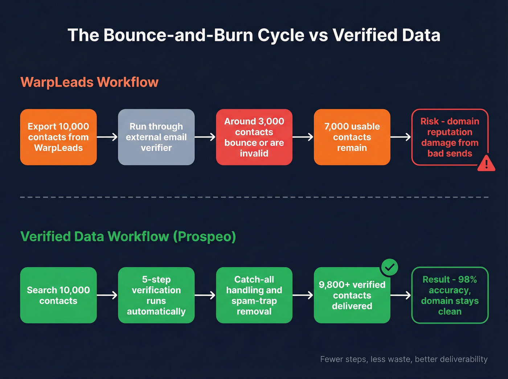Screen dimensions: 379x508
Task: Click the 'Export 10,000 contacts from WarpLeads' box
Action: click(x=58, y=137)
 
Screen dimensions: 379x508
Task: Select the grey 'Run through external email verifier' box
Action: click(x=156, y=137)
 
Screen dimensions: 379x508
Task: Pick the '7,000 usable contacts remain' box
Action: click(x=352, y=137)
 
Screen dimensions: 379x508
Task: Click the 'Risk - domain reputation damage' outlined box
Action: click(x=450, y=137)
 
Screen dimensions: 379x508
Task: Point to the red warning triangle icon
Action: click(x=486, y=163)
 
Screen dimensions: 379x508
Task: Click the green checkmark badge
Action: click(x=389, y=267)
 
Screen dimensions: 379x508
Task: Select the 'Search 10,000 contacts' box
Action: click(x=58, y=295)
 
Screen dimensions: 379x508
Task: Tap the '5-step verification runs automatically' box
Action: click(x=156, y=295)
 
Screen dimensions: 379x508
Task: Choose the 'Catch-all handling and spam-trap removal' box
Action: click(x=254, y=295)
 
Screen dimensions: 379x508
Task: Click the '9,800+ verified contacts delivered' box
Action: click(x=352, y=295)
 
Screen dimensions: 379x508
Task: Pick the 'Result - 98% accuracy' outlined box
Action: click(x=450, y=295)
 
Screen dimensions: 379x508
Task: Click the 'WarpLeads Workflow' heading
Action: click(x=89, y=82)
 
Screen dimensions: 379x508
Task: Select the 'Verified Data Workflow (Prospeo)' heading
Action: click(x=128, y=236)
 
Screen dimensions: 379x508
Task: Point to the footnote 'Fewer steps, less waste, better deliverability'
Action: click(x=403, y=359)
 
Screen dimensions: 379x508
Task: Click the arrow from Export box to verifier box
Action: click(x=107, y=137)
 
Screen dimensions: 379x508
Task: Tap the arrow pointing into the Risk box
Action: click(x=401, y=137)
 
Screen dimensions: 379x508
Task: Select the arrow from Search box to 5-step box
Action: click(x=107, y=295)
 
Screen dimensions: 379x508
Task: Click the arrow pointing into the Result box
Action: click(x=401, y=295)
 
